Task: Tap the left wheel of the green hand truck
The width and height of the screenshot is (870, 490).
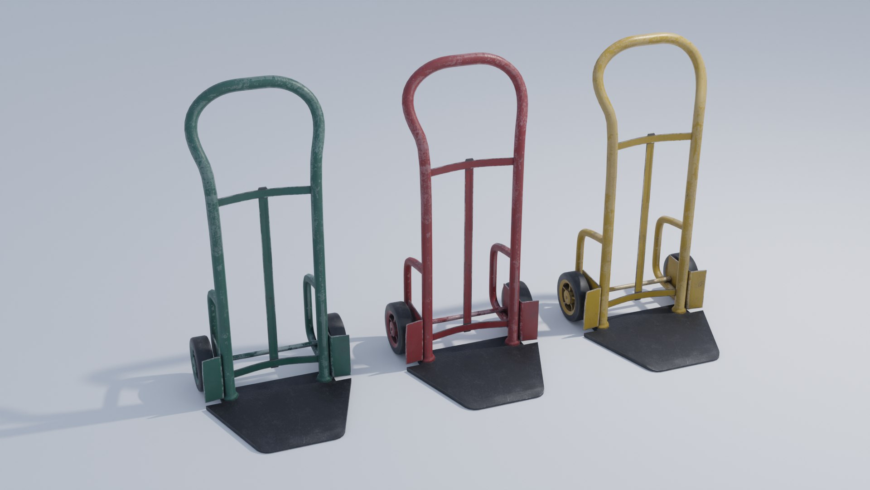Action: pyautogui.click(x=199, y=363)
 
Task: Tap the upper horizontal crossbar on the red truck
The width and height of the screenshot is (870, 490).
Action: pyautogui.click(x=471, y=164)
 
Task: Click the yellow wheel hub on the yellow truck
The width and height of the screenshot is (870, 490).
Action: pyautogui.click(x=566, y=297)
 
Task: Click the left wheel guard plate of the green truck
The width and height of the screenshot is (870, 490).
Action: pyautogui.click(x=212, y=379)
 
